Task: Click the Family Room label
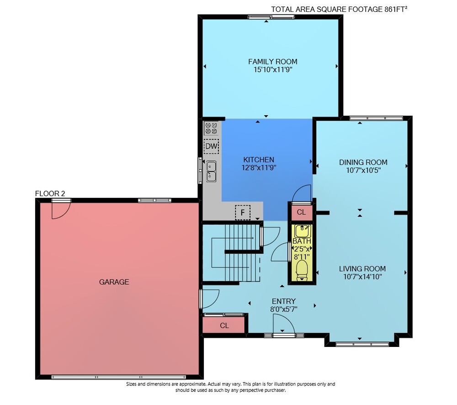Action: point(272,62)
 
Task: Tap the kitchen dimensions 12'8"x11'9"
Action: point(259,168)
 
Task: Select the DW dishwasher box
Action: point(211,146)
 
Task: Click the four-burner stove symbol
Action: point(211,128)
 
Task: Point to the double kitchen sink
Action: point(211,171)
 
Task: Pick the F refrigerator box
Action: point(243,213)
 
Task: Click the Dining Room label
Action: point(363,162)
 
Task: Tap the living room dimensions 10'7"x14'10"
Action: point(362,277)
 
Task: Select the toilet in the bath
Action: point(302,270)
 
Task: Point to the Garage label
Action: point(114,282)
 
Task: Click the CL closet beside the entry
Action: point(224,325)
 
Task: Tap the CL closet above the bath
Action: point(301,212)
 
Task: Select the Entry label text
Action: point(284,301)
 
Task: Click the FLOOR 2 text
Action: point(50,193)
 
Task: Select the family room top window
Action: point(271,17)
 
